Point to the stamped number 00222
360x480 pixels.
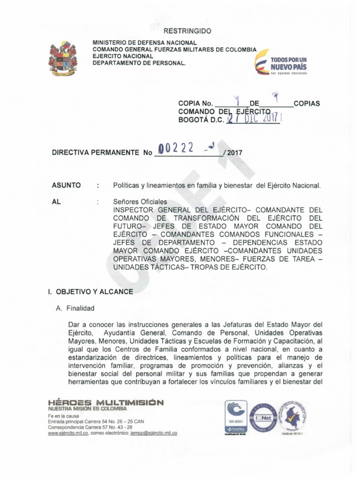pyautogui.click(x=176, y=149)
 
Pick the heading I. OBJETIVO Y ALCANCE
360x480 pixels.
pyautogui.click(x=90, y=292)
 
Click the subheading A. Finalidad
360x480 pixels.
pyautogui.click(x=75, y=308)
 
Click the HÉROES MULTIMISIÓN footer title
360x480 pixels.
pyautogui.click(x=105, y=402)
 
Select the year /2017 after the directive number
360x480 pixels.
pyautogui.click(x=233, y=153)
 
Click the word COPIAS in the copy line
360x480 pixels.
pyautogui.click(x=307, y=103)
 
